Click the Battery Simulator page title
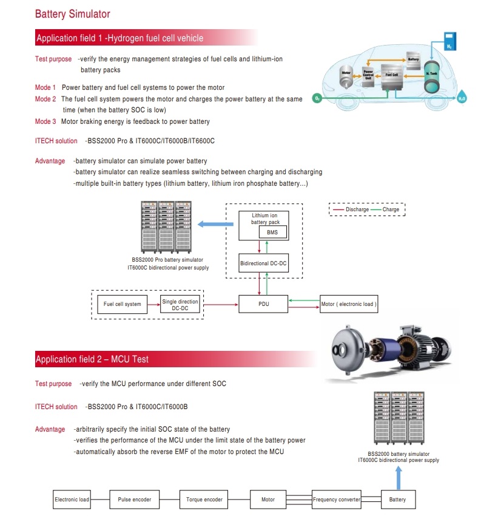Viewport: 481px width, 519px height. tap(73, 14)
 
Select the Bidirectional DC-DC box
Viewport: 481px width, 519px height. tap(263, 263)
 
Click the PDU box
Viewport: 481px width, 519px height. tap(263, 304)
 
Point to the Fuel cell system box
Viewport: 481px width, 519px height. tap(122, 304)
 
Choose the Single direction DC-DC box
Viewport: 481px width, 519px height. tap(180, 304)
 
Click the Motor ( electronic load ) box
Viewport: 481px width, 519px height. tap(348, 304)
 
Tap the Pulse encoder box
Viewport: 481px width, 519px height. tap(134, 500)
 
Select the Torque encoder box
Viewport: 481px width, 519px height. tap(204, 500)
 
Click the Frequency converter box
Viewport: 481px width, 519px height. tap(337, 500)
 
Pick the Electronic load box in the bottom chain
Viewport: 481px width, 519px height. tap(72, 500)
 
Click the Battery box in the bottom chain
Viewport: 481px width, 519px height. tap(398, 500)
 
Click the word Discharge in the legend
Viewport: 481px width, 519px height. tap(357, 209)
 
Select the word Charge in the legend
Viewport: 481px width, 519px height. tap(391, 209)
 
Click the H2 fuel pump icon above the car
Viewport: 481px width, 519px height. tap(449, 40)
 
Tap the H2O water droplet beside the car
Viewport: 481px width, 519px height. tap(462, 97)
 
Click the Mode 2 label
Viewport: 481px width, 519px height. tap(45, 99)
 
